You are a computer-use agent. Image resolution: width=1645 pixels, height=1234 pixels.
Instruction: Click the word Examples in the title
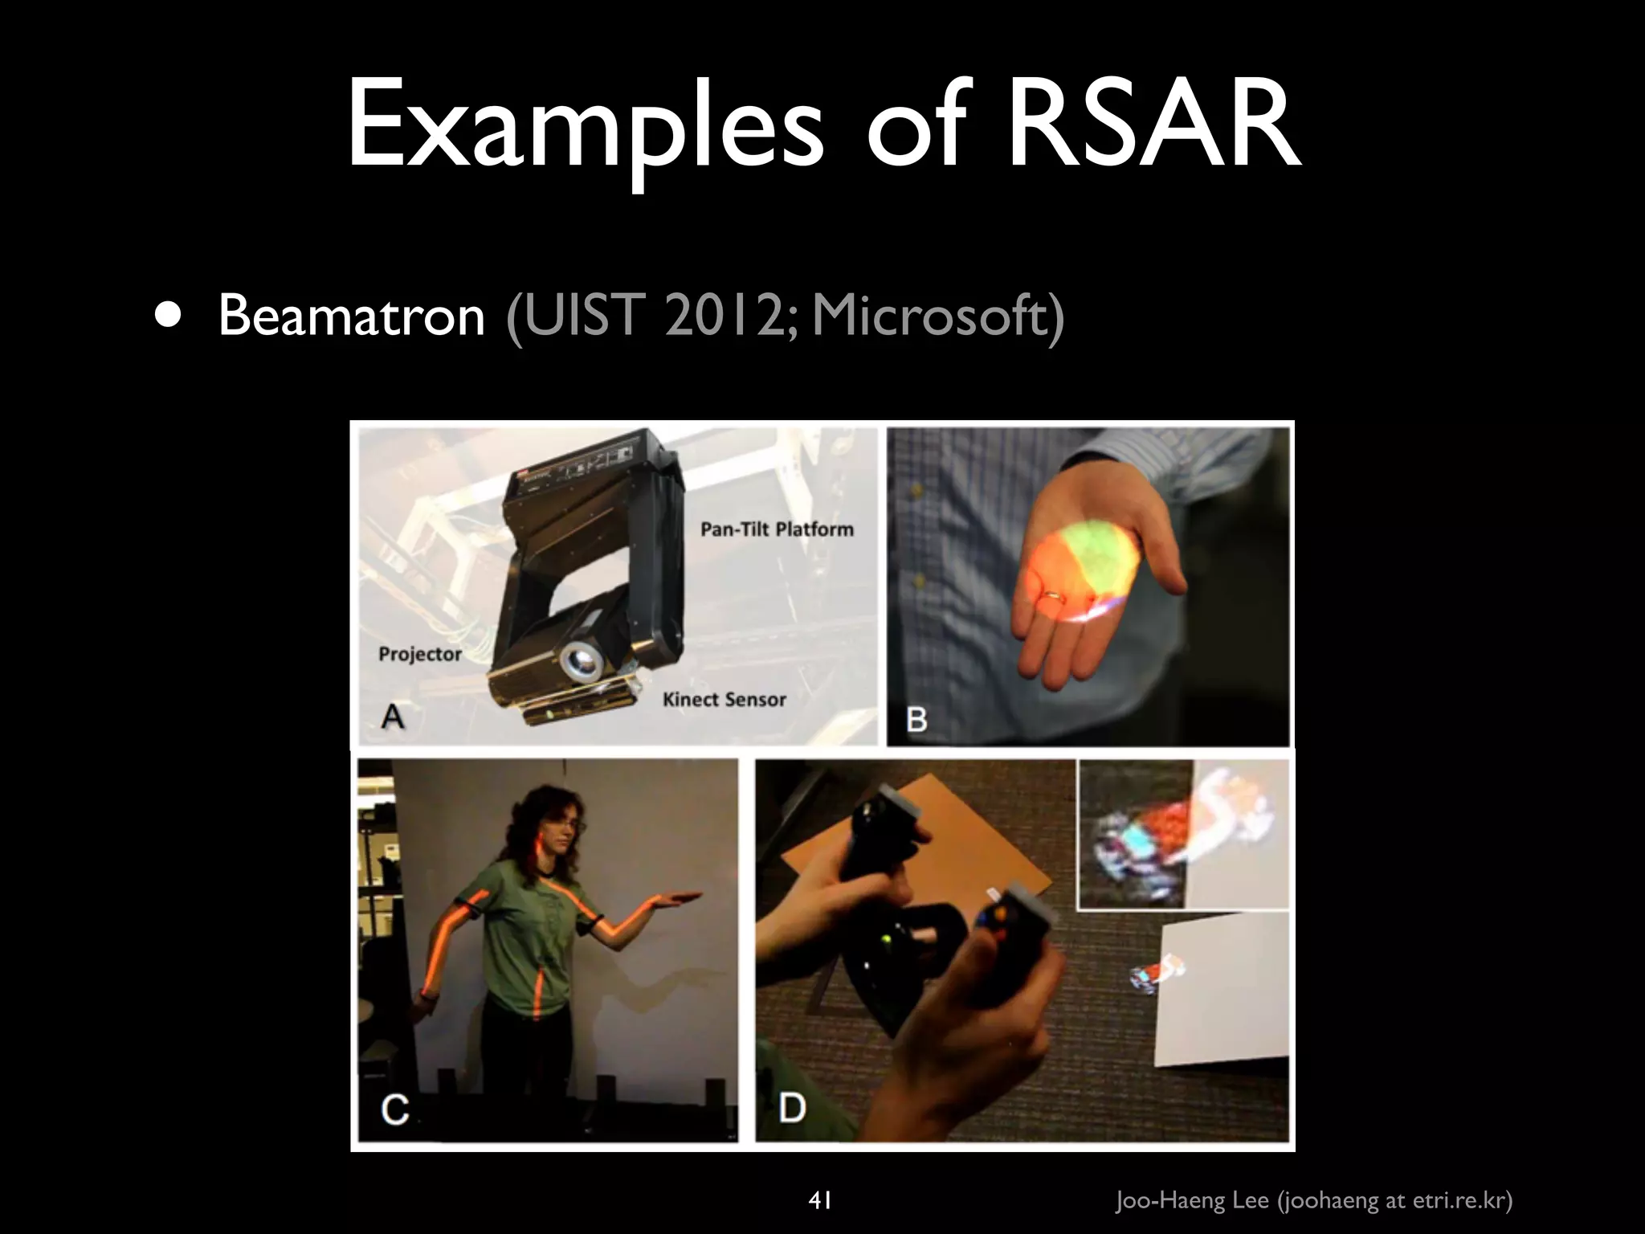[585, 129]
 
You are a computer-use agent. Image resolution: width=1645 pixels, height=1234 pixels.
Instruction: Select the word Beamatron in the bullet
[351, 315]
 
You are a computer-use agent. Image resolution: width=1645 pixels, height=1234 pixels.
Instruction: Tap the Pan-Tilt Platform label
[777, 529]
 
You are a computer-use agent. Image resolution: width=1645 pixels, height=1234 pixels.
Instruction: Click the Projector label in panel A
[420, 654]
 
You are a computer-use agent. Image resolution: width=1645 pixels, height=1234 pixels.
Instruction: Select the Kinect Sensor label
[724, 700]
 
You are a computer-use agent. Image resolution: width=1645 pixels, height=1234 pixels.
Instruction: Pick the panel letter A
[393, 714]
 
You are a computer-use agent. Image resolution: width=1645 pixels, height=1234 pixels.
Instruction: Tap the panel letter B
[916, 719]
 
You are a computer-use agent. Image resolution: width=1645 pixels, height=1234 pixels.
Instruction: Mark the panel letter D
[792, 1108]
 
